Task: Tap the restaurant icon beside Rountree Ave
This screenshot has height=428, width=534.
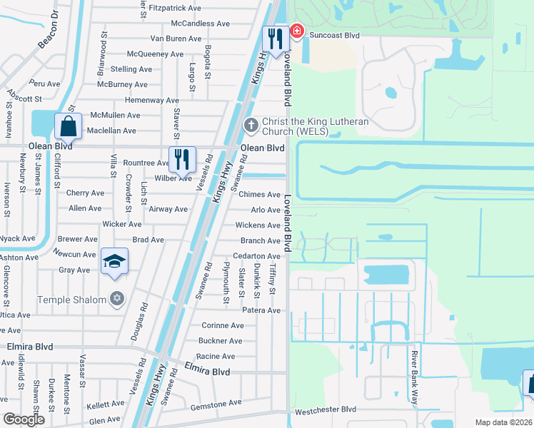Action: (182, 159)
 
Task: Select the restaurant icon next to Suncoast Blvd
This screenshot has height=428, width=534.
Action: (275, 39)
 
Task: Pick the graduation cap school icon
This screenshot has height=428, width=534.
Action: (114, 262)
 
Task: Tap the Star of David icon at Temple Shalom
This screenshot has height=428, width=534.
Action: (116, 300)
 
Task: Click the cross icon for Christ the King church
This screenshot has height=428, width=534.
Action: (251, 125)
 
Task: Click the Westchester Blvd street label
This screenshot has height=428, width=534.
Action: (325, 410)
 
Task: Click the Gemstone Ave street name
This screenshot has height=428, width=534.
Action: (217, 406)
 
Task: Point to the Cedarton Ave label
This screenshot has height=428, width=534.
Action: (256, 256)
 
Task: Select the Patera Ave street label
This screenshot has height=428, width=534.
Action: (261, 310)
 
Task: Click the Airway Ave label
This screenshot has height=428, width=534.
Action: (168, 209)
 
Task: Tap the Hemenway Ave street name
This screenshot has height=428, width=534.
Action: (151, 101)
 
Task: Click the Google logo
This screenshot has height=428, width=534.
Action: (24, 419)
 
